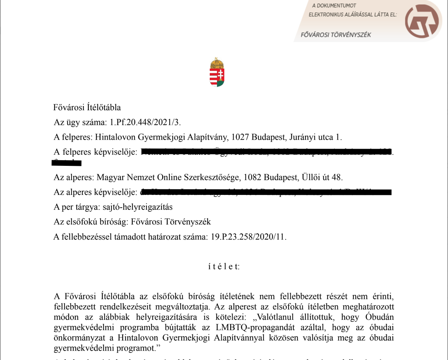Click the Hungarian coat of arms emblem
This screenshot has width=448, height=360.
tap(217, 72)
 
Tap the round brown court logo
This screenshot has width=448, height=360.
tap(421, 22)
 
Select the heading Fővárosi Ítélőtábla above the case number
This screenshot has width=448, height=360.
tap(87, 108)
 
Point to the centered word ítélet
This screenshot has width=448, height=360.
tap(224, 267)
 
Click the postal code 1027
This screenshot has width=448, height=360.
tap(240, 137)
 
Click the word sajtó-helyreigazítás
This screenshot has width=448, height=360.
tap(145, 207)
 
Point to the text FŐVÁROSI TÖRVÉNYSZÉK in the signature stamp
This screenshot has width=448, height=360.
tap(336, 35)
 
